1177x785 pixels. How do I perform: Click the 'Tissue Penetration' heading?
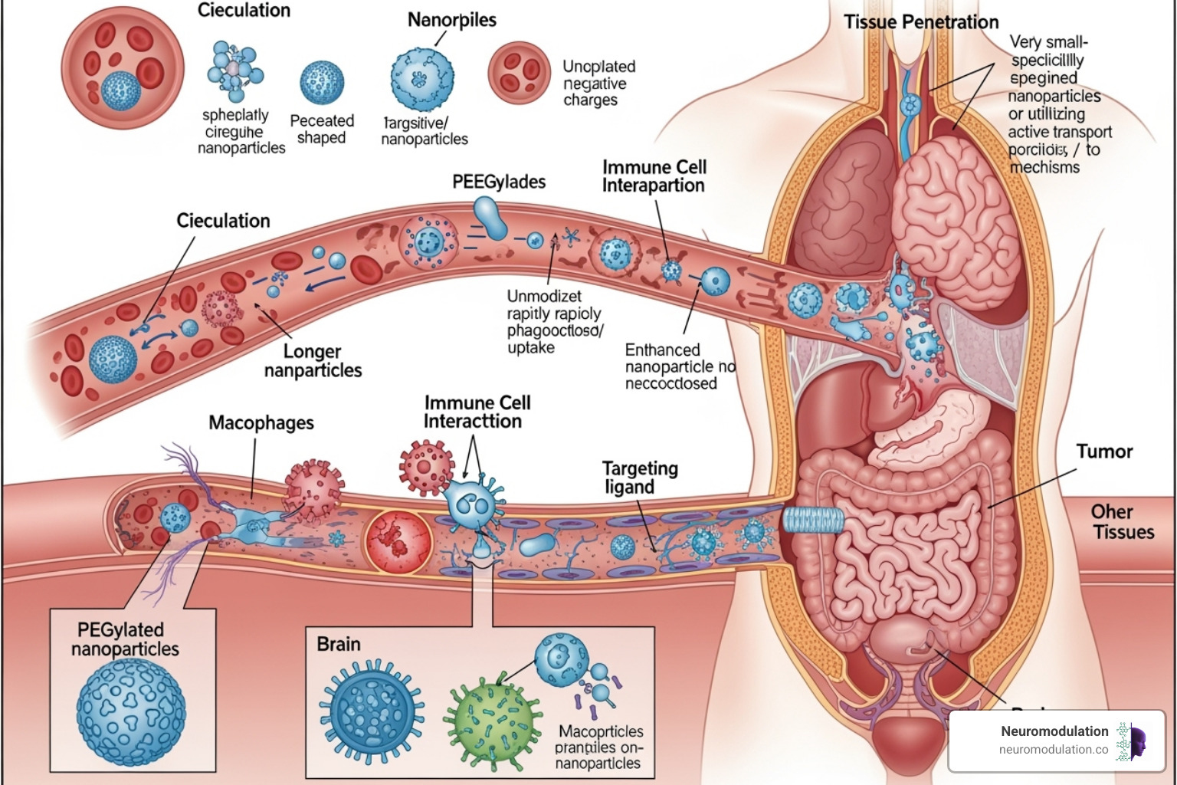tap(921, 22)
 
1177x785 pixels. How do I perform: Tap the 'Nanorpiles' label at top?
tap(451, 20)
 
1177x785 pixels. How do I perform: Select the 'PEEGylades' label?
tap(499, 182)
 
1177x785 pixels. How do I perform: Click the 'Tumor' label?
tap(1103, 452)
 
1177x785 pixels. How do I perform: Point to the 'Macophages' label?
tap(261, 423)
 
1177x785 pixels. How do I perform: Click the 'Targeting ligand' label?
tap(639, 478)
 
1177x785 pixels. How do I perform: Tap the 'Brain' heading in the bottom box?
tap(339, 644)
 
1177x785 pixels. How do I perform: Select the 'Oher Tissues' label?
tap(1123, 522)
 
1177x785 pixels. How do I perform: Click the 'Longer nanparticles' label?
tap(313, 361)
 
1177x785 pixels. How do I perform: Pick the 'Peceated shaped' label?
tap(322, 130)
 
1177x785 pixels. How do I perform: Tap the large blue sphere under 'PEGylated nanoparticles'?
tap(131, 706)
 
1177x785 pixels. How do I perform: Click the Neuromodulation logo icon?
tap(1130, 741)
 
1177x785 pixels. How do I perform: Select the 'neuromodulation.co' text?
tap(1053, 750)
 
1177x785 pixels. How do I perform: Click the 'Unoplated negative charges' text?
tap(598, 83)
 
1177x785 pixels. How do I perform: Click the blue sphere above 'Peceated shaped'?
tap(322, 83)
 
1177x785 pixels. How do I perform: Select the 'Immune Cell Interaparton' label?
tap(654, 176)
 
